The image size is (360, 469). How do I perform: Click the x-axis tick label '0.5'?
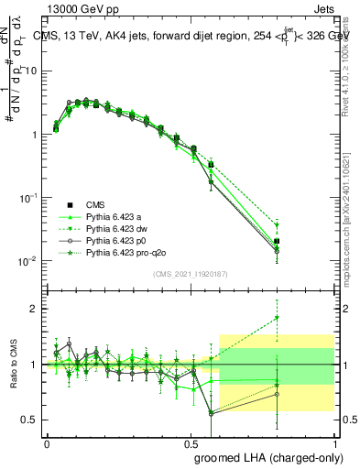[x=191, y=442]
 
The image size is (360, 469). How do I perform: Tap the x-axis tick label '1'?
[x=335, y=442]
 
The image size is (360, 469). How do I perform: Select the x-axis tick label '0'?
[x=47, y=442]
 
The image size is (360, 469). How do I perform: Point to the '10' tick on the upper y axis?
[x=30, y=71]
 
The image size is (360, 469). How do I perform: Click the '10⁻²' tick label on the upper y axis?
[x=27, y=261]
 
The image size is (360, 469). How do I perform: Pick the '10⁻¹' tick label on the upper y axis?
[x=27, y=197]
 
